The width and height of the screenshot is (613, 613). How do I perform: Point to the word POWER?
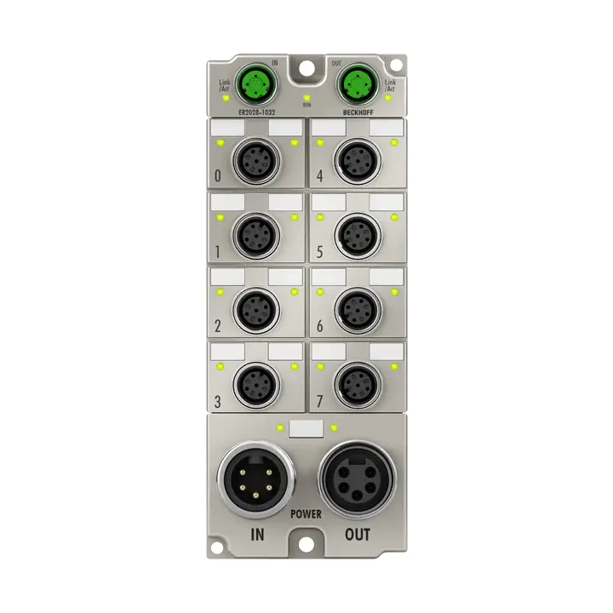coord(306,514)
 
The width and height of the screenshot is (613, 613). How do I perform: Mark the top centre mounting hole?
coord(306,68)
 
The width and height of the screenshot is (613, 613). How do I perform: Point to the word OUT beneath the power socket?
coord(357,536)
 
